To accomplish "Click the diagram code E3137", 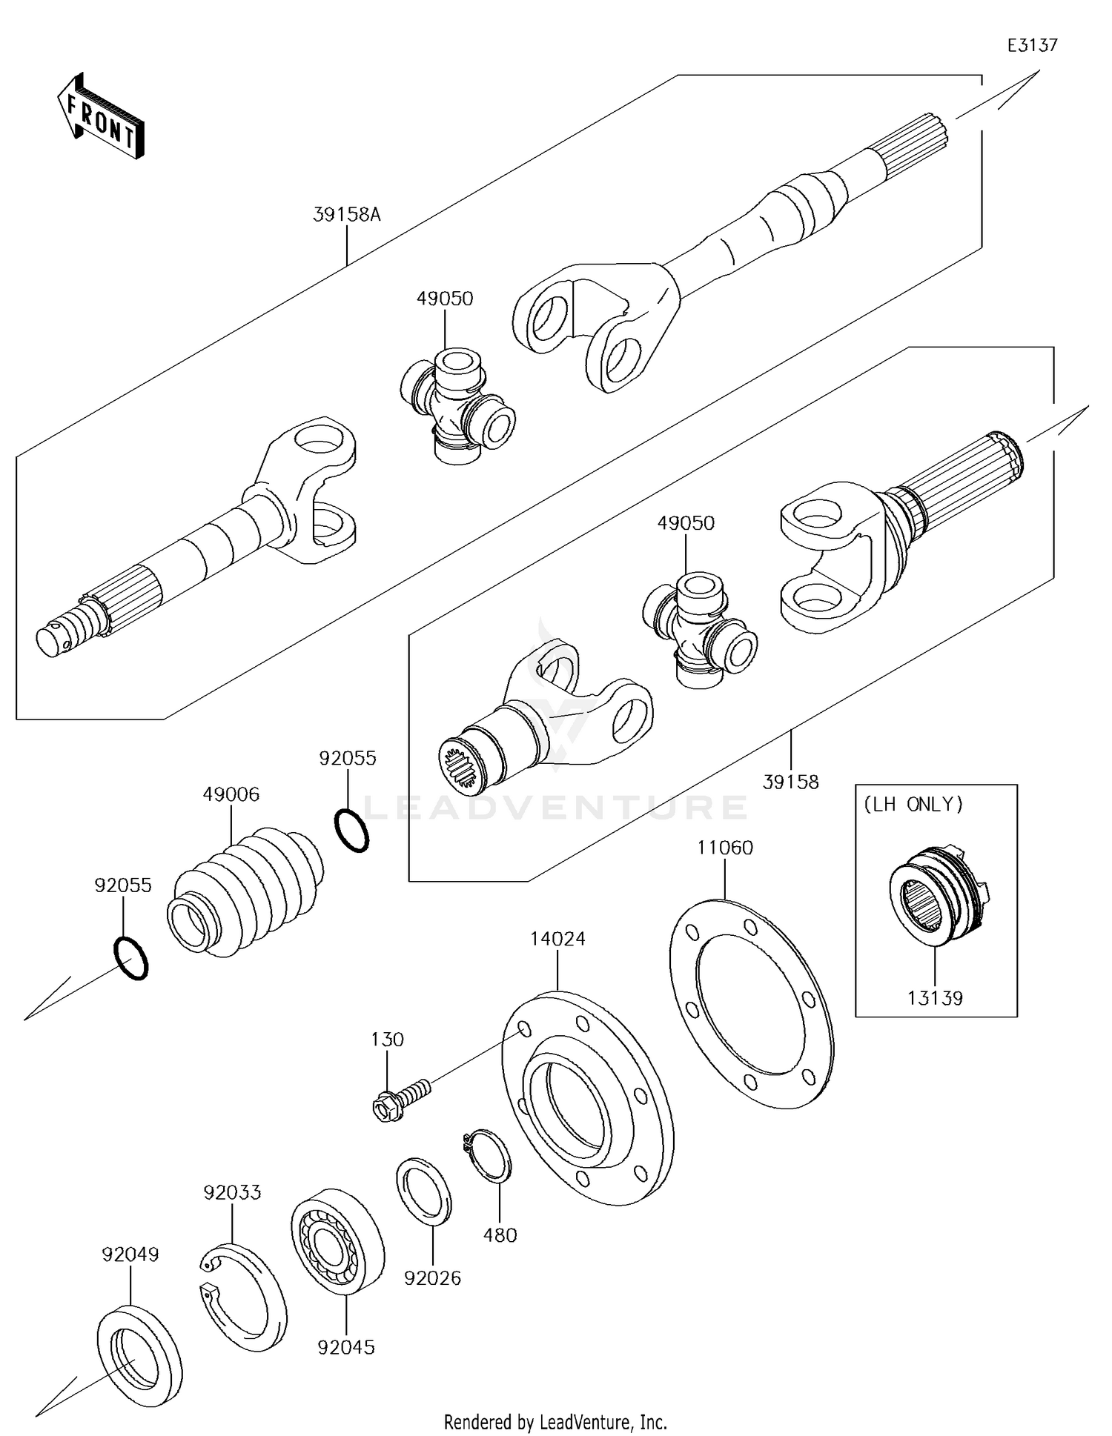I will (1032, 45).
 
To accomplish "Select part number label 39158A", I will (346, 215).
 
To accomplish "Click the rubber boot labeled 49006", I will (245, 889).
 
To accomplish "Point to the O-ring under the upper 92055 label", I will (351, 831).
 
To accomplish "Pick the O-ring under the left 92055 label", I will (130, 959).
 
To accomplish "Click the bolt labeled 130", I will (400, 1100).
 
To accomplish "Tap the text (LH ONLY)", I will (913, 805).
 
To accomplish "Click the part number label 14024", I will (557, 939).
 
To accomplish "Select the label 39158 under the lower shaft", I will (791, 782).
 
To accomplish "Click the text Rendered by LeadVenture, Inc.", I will (555, 1422).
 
